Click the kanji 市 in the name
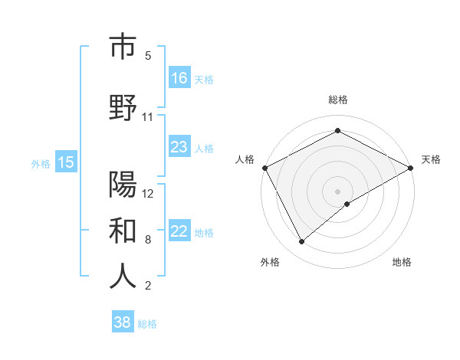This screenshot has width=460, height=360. pyautogui.click(x=123, y=47)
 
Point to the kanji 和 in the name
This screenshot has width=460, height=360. pyautogui.click(x=123, y=230)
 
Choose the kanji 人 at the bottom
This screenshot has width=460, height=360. pyautogui.click(x=123, y=277)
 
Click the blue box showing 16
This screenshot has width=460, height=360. pyautogui.click(x=179, y=78)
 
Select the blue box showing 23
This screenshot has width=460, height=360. pyautogui.click(x=179, y=147)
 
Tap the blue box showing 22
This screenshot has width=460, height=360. pyautogui.click(x=179, y=231)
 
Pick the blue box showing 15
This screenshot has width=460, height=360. pyautogui.click(x=66, y=162)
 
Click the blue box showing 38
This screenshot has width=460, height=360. pyautogui.click(x=123, y=322)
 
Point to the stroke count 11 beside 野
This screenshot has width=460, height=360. pyautogui.click(x=147, y=117)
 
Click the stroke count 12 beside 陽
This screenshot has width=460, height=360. pyautogui.click(x=148, y=194)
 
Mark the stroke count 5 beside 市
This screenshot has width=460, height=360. pyautogui.click(x=148, y=56)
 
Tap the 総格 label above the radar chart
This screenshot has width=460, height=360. pyautogui.click(x=338, y=100)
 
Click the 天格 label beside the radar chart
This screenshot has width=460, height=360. pyautogui.click(x=431, y=159)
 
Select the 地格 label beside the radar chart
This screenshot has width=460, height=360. pyautogui.click(x=402, y=262)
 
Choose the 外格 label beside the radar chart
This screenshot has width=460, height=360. pyautogui.click(x=270, y=262)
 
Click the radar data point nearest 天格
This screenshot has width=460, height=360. pyautogui.click(x=411, y=167)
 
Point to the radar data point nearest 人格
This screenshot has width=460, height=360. pyautogui.click(x=264, y=167)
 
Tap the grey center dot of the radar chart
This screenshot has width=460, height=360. pyautogui.click(x=338, y=191)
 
